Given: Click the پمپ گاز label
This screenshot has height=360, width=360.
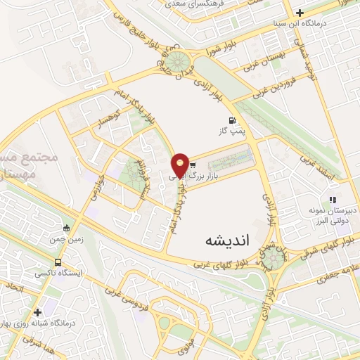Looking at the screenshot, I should (233, 131).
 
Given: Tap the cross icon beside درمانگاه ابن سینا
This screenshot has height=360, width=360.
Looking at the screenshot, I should (300, 12).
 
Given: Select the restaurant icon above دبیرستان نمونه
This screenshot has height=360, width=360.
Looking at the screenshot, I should (333, 200).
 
